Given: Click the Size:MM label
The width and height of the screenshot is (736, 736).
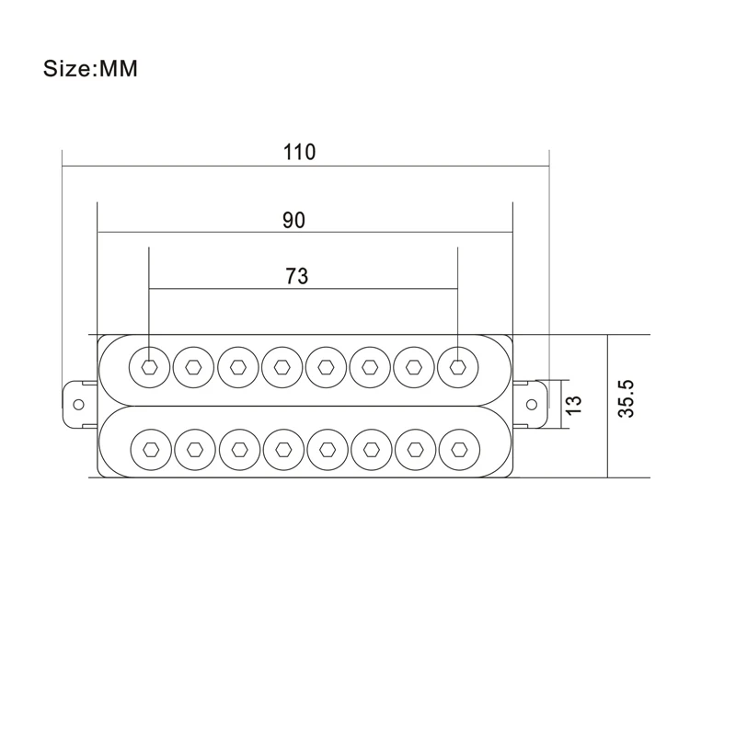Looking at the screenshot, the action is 90,68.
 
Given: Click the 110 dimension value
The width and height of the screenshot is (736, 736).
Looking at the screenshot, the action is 300,152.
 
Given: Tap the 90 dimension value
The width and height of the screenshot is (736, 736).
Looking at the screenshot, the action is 293,220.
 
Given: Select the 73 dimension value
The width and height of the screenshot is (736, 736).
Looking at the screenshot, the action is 296,276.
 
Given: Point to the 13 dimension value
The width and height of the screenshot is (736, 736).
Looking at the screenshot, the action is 573,405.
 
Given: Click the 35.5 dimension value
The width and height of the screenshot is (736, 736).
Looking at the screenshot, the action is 627,399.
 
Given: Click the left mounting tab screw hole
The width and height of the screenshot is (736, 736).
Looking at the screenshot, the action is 78,405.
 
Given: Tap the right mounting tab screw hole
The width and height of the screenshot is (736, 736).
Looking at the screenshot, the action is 532,404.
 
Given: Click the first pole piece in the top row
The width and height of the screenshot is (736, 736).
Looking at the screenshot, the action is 150,367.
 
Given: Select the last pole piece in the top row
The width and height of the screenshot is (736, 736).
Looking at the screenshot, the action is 457,367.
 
